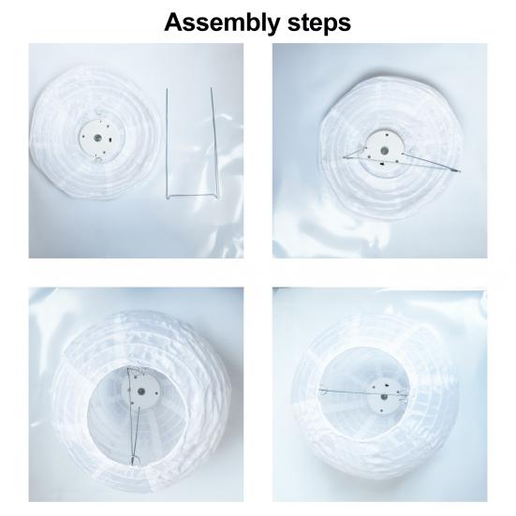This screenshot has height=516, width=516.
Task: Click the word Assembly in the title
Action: (222, 23)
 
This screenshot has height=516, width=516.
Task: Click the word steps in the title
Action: (319, 22)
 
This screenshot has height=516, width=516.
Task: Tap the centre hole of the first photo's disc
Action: (97, 138)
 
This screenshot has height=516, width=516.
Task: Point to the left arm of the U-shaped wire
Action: (167, 143)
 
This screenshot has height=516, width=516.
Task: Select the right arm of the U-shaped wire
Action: (214, 143)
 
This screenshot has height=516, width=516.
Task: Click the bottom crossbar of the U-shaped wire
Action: (193, 197)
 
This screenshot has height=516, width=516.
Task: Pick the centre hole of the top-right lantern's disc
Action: (384, 151)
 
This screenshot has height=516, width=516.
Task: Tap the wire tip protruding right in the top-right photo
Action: (459, 170)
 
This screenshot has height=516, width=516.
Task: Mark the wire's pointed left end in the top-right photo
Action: (344, 157)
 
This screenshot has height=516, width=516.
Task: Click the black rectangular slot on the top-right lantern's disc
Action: (382, 164)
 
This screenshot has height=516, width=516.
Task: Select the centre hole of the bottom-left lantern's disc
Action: (141, 391)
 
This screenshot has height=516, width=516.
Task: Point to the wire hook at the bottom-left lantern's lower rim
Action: (133, 460)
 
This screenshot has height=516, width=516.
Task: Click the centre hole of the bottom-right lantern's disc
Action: (384, 397)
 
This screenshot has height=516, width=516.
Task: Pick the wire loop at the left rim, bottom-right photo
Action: (323, 391)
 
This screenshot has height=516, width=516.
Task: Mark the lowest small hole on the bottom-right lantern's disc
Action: (381, 410)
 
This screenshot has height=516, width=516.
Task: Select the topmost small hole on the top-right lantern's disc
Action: (387, 135)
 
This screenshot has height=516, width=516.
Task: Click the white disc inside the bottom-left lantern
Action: (141, 391)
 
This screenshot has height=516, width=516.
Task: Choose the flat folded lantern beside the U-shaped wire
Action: (96, 134)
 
